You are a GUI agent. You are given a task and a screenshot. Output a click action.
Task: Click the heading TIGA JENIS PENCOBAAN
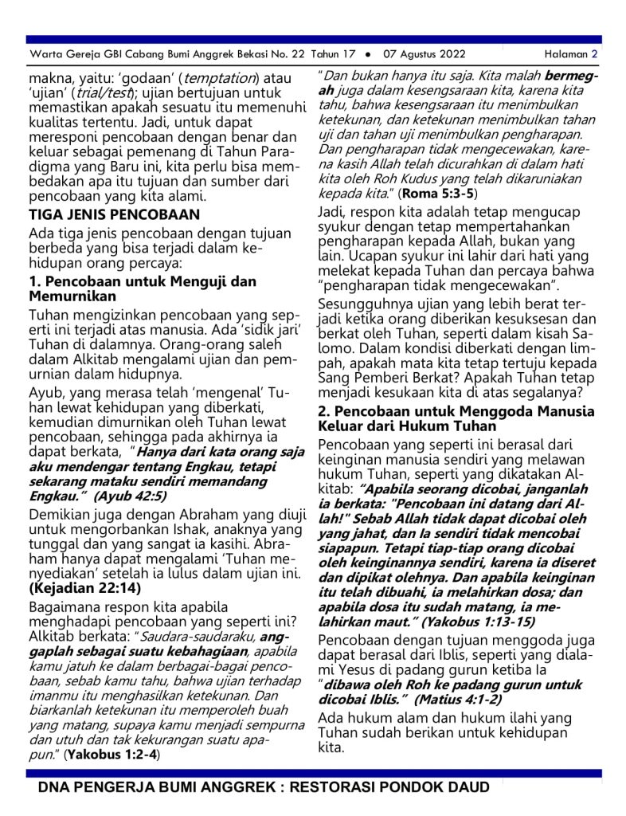click(x=114, y=214)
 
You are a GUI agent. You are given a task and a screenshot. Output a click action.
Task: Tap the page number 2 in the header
click(x=594, y=54)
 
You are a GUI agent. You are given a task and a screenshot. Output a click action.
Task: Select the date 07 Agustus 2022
click(x=425, y=54)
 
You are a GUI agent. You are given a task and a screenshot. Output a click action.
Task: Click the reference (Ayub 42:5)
click(x=129, y=495)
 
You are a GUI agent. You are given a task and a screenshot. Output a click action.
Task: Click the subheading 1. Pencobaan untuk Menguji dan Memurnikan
click(x=143, y=288)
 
